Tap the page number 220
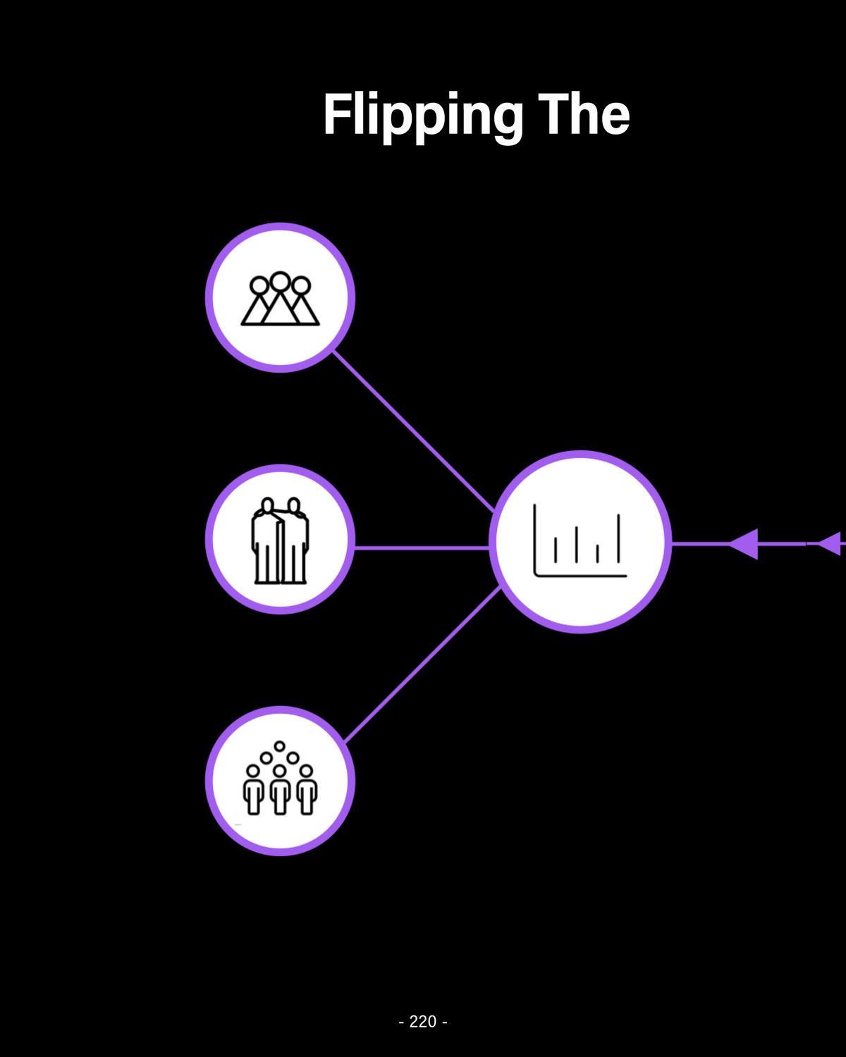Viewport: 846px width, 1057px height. click(423, 1021)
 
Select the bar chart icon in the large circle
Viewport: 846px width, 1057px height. click(580, 541)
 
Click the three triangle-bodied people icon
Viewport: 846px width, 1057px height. click(280, 299)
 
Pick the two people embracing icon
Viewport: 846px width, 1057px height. click(281, 541)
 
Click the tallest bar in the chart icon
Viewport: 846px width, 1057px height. click(618, 538)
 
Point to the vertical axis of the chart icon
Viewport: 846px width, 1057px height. click(535, 539)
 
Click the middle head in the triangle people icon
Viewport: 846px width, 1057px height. click(280, 282)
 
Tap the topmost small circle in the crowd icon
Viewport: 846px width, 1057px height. click(280, 746)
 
